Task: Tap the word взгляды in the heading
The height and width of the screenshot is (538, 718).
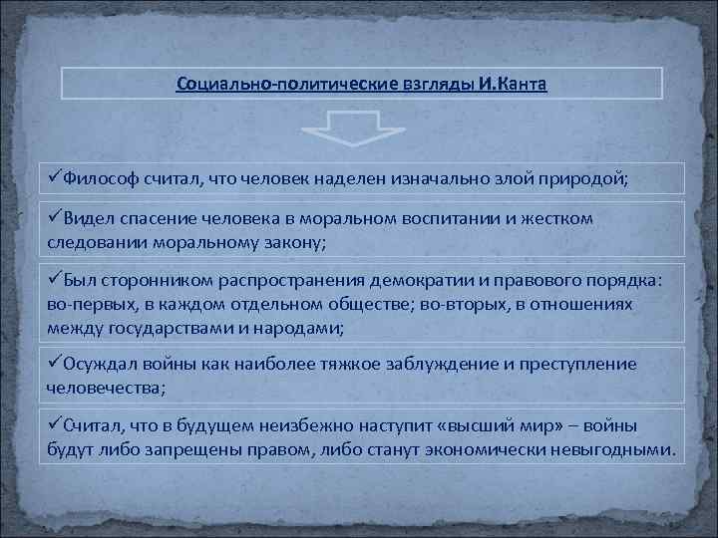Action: point(439,83)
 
